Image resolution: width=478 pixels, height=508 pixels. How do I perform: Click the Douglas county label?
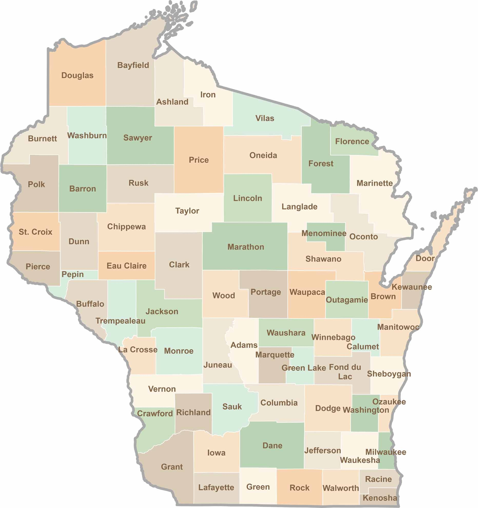77,75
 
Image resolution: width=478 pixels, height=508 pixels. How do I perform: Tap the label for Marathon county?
246,247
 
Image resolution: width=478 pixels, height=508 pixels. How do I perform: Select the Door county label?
425,258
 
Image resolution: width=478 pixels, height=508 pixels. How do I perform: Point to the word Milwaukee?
386,452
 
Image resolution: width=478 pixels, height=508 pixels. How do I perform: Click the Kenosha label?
380,498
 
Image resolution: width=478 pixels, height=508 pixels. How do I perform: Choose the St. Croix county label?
35,232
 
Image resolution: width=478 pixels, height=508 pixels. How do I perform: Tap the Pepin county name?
73,274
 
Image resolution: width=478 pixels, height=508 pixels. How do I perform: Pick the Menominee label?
324,233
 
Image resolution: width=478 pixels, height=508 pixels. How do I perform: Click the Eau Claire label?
126,266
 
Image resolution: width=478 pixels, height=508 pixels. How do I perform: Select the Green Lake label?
304,368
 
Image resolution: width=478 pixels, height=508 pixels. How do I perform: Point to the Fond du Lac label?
345,372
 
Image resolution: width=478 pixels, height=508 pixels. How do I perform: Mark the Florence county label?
352,141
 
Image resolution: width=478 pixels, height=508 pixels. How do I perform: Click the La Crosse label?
138,349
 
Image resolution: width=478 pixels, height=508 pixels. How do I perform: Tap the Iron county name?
208,95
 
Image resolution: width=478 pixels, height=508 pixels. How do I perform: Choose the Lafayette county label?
216,487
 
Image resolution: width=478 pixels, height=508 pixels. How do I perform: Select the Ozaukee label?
389,402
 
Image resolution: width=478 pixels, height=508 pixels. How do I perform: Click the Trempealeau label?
120,321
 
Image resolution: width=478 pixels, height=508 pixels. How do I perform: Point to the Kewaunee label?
412,287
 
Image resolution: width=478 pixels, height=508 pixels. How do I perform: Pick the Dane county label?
272,445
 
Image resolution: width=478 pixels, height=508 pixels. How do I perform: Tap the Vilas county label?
265,118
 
